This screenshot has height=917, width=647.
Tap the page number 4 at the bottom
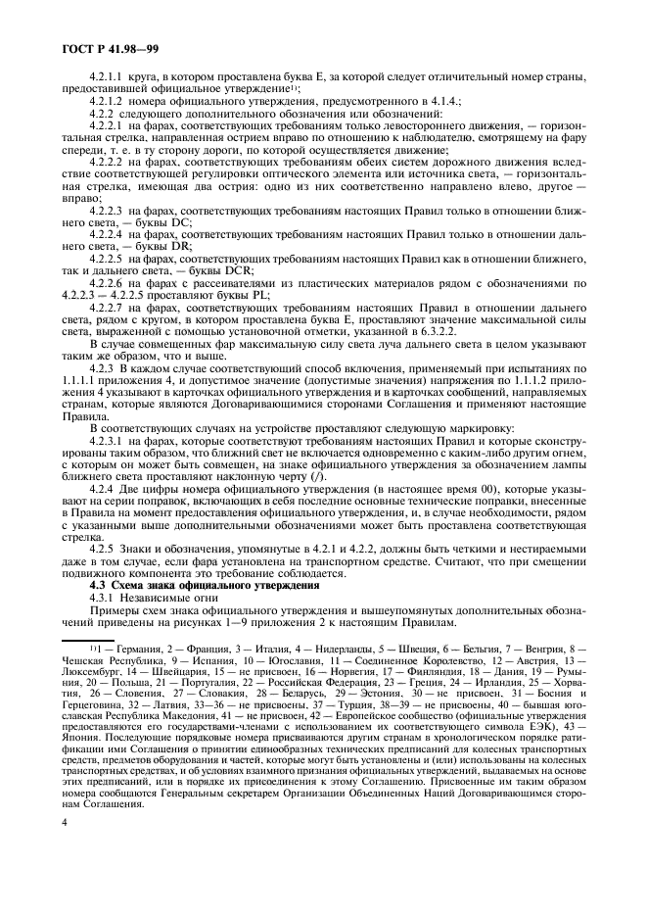(64, 867)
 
